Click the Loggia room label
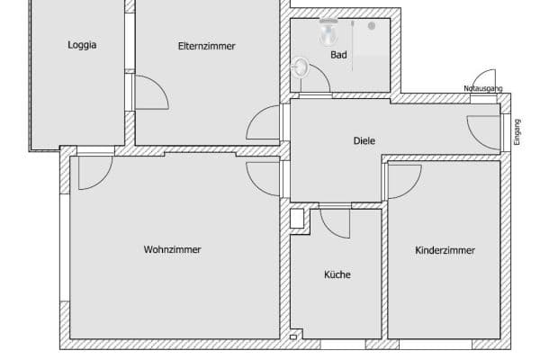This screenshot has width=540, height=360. click(x=82, y=45)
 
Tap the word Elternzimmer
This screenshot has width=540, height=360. click(x=207, y=45)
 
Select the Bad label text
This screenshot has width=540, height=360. click(x=338, y=55)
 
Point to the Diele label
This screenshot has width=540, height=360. click(x=364, y=140)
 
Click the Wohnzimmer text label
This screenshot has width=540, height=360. click(x=172, y=249)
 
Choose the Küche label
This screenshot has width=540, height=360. click(x=337, y=274)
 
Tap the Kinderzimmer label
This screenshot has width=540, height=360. click(x=445, y=250)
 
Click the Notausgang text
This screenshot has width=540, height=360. click(x=482, y=88)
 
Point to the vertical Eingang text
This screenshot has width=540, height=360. click(x=517, y=132)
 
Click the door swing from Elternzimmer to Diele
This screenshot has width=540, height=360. click(x=265, y=123)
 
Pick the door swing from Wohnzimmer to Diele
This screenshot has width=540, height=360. click(x=265, y=177)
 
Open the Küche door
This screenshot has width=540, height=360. click(x=335, y=222)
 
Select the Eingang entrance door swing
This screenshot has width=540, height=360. click(x=483, y=131)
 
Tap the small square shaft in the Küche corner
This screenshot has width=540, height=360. click(x=296, y=218)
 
